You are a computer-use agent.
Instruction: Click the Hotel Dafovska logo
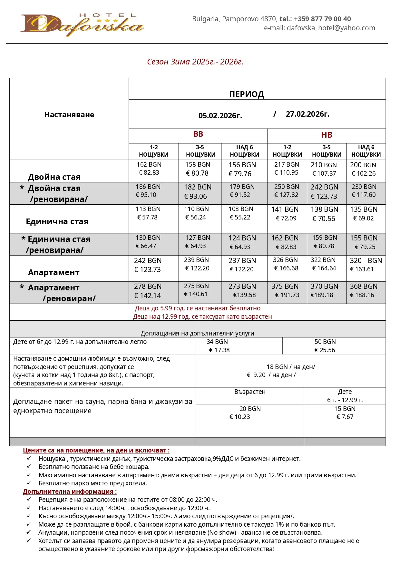tap(82, 25)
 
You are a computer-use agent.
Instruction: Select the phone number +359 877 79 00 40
tap(322, 19)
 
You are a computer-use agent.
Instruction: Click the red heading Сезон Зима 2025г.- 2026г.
tap(195, 62)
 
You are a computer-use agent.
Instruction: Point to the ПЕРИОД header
tap(247, 94)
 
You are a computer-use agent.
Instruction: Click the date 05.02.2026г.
tap(220, 115)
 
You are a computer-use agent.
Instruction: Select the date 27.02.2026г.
tap(307, 114)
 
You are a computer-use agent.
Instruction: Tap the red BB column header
tap(198, 134)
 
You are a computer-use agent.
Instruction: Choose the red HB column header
tap(327, 135)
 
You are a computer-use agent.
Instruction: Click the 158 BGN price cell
tap(198, 165)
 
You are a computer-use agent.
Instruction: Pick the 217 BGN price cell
tap(287, 165)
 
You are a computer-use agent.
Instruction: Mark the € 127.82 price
tap(286, 195)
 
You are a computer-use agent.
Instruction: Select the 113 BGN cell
tap(148, 209)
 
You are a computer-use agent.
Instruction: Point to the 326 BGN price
tap(285, 260)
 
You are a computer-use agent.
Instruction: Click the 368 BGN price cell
tap(364, 287)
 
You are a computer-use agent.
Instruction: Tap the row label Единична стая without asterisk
tap(57, 222)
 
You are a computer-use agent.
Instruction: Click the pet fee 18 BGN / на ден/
tap(291, 367)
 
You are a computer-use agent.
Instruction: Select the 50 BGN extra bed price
tap(325, 342)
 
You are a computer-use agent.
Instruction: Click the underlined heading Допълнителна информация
tap(70, 491)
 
